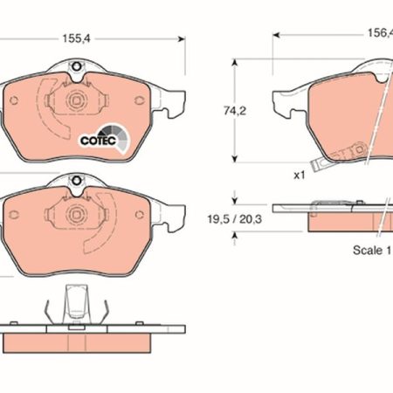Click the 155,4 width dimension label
[x=77, y=38]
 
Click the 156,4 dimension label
[x=380, y=33]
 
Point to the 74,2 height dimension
[x=235, y=111]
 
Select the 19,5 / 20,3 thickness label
[x=234, y=219]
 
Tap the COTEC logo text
[x=98, y=141]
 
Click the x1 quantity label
[x=300, y=176]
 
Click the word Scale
[x=368, y=250]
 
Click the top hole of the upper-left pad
[x=76, y=66]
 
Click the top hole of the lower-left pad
[x=76, y=181]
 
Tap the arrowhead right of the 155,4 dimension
[x=182, y=39]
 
